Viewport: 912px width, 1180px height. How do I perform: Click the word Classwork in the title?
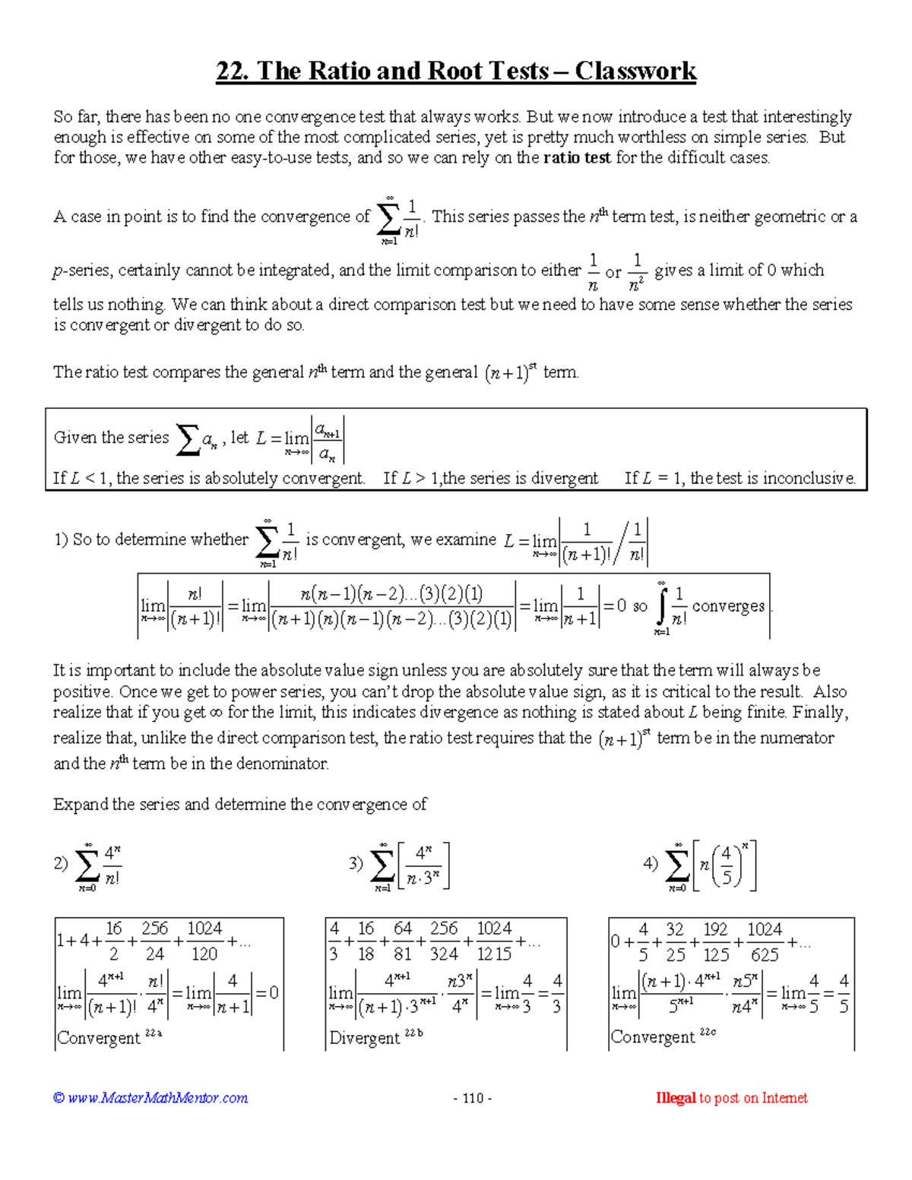pyautogui.click(x=635, y=71)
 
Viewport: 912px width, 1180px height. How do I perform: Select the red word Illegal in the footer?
pyautogui.click(x=676, y=1098)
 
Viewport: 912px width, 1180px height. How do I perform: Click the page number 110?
pyautogui.click(x=473, y=1098)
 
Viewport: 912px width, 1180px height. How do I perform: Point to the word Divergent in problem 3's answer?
pyautogui.click(x=364, y=1038)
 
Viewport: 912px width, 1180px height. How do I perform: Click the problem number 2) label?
pyautogui.click(x=61, y=863)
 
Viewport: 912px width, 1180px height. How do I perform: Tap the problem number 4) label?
pyautogui.click(x=651, y=863)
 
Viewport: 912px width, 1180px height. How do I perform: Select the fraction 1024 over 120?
pyautogui.click(x=204, y=941)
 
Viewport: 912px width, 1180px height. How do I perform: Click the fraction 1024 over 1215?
pyautogui.click(x=494, y=941)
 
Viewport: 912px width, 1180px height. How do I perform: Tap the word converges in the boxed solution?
pyautogui.click(x=728, y=606)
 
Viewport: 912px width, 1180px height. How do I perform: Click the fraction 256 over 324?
pyautogui.click(x=444, y=941)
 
